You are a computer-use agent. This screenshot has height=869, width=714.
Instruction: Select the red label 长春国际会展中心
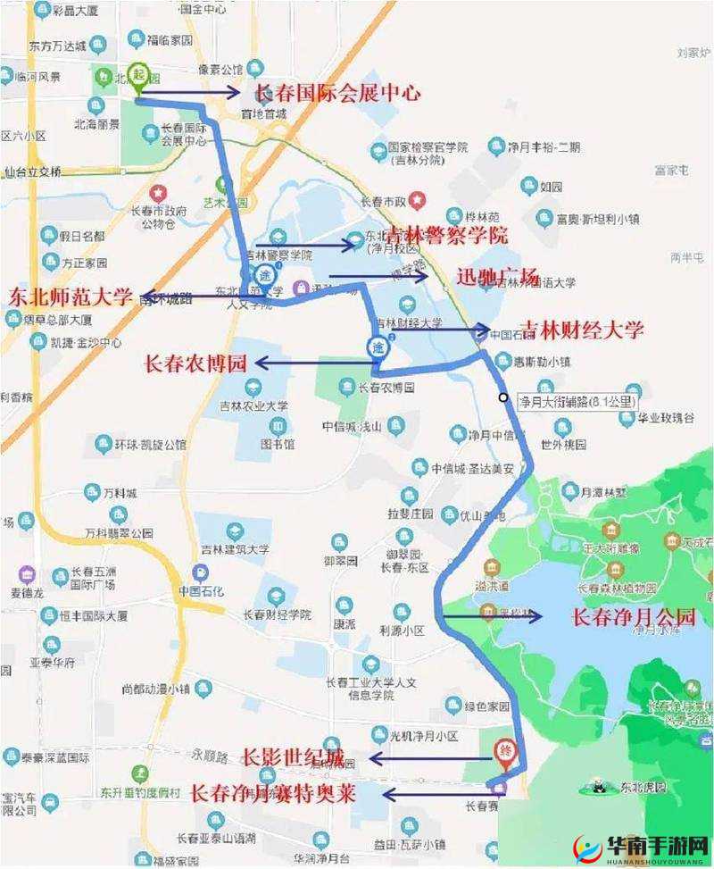338,92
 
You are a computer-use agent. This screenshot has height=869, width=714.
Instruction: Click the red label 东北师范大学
71,297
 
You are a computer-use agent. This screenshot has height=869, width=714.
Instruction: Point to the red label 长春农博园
195,363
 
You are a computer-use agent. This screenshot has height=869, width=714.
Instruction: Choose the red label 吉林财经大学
582,330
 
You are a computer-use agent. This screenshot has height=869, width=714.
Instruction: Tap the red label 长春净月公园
633,616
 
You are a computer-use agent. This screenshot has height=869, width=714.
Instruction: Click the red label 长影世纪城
292,757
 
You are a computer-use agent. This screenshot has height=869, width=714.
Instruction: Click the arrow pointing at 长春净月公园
492,616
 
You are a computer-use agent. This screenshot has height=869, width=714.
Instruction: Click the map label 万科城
119,493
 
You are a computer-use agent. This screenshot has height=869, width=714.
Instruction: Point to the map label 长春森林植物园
617,588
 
